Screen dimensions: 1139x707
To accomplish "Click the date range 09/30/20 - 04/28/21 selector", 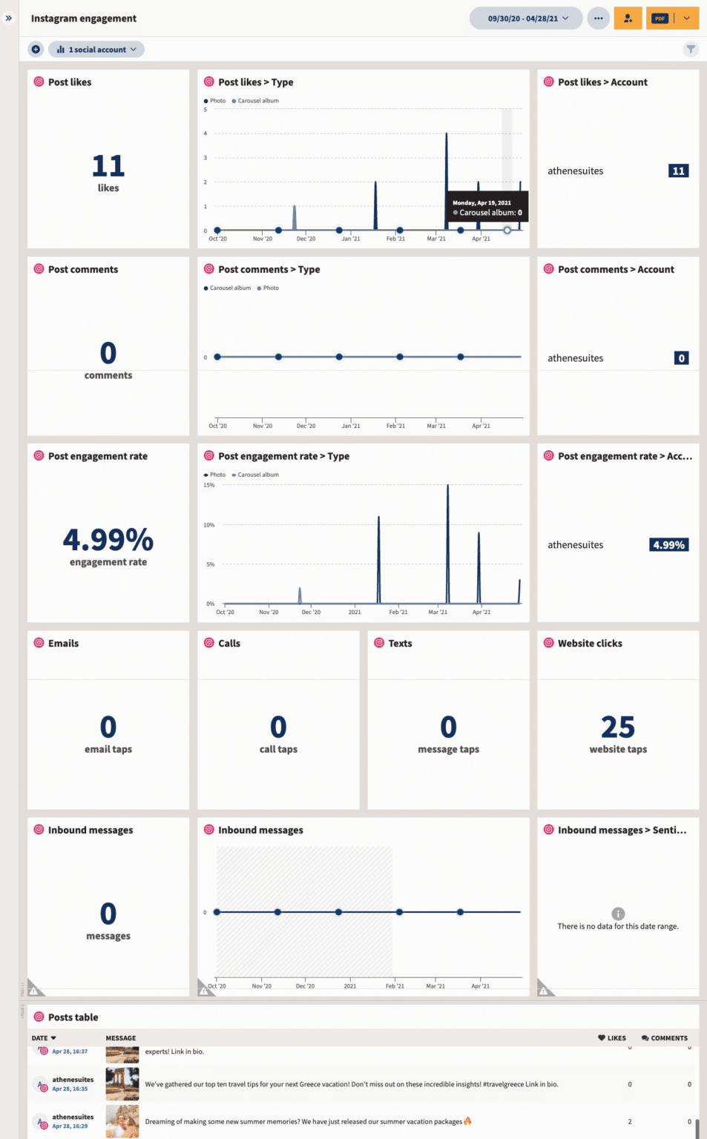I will (527, 19).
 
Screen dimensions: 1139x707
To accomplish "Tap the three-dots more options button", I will (598, 19).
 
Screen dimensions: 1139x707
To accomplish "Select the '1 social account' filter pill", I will (96, 50).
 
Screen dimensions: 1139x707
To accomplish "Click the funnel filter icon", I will (691, 50).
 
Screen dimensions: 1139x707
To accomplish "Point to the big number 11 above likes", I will (108, 165).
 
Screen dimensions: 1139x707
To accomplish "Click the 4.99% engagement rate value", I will (108, 540).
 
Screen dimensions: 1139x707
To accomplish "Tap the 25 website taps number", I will (618, 727).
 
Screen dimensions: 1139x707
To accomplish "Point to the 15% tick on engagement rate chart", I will (209, 485).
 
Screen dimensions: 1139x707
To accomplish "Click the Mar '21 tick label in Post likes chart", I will (436, 239).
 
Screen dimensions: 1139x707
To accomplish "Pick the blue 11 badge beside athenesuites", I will (678, 171).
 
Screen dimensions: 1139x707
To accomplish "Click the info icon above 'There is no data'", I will (618, 914).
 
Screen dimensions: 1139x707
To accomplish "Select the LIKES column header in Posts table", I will (612, 1038).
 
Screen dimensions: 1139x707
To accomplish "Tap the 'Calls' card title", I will (229, 644).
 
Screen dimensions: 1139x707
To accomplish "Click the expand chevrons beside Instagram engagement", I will (9, 18).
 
